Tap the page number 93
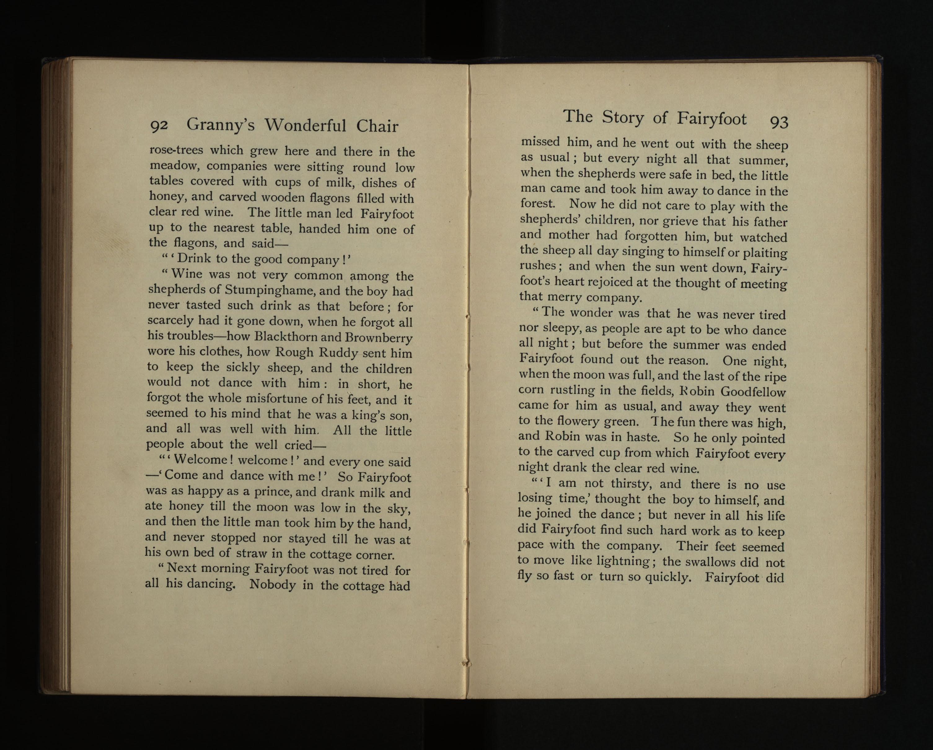779,122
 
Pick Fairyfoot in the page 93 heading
712,119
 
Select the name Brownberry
379,338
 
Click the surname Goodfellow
753,392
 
